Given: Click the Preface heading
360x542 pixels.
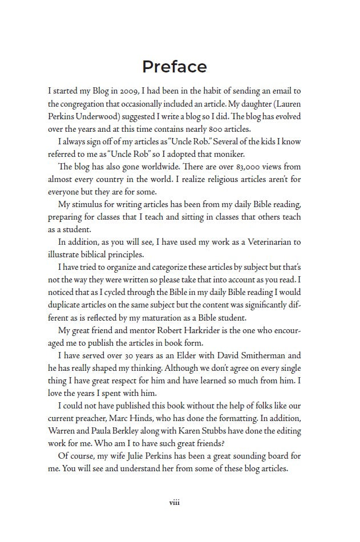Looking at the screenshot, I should tap(174, 67).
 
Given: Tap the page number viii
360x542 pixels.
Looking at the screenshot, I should tap(175, 503).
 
